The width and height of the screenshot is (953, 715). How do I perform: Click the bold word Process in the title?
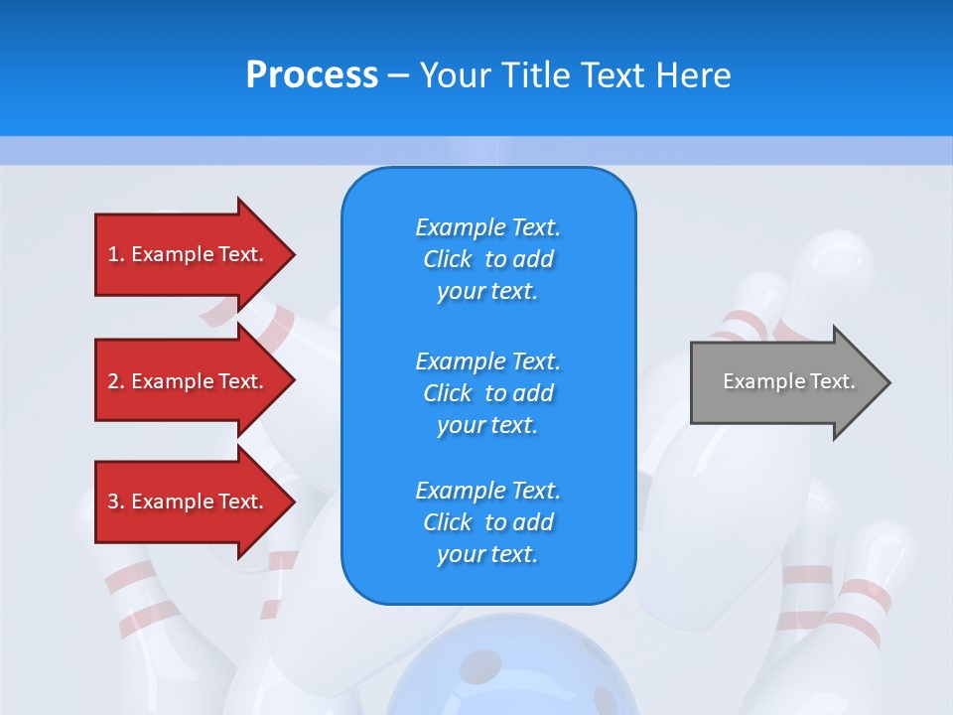pos(312,75)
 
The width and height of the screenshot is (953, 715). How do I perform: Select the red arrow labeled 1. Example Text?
pos(189,254)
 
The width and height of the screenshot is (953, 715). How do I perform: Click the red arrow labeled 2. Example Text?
pos(189,381)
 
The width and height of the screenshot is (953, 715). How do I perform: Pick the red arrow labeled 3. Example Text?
pos(189,501)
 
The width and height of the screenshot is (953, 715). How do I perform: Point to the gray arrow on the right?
pos(784,382)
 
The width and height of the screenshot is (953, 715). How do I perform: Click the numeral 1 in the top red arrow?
pos(113,254)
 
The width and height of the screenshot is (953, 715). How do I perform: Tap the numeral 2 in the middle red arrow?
pos(113,381)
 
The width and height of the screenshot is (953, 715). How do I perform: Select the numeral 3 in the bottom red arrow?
pos(113,501)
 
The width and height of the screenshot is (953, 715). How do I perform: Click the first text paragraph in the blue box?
pos(487,259)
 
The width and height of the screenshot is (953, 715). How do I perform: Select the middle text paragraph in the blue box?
pos(487,393)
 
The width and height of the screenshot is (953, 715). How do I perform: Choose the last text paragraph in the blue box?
pos(487,522)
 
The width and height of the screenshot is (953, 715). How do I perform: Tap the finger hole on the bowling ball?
pos(484,662)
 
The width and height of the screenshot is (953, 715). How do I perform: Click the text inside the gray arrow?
pos(788,381)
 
